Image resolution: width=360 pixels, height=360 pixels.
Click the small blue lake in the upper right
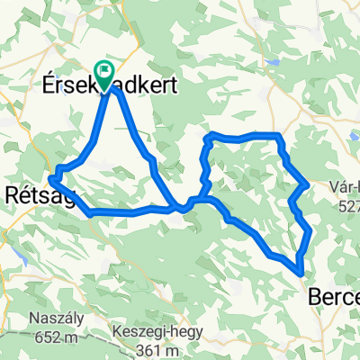[271, 63]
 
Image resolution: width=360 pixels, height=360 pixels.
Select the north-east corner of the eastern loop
[280, 136]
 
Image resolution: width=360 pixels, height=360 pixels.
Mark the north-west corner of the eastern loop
[209, 136]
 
